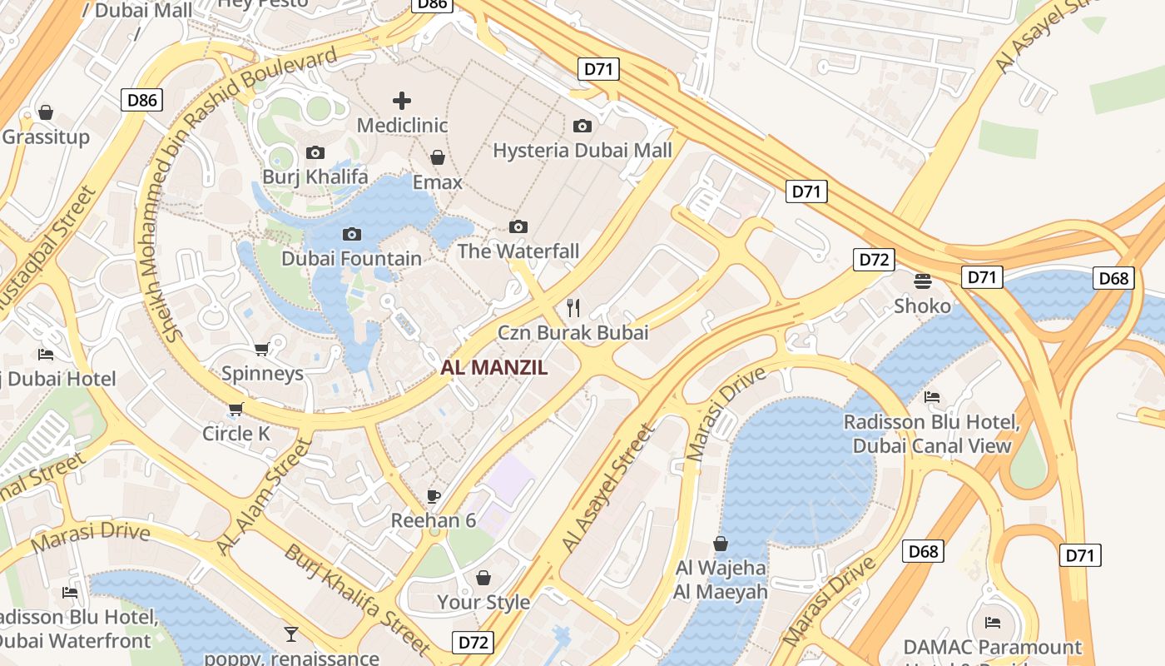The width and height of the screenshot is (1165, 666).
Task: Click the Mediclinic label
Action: (x=402, y=126)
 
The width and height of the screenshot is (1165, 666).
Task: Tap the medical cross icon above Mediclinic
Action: (x=402, y=102)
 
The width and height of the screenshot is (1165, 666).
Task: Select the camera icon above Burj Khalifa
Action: (x=315, y=152)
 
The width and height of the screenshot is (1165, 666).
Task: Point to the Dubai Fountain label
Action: (x=351, y=258)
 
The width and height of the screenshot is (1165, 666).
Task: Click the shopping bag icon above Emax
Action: (x=438, y=157)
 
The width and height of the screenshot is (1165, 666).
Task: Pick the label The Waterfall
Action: (x=518, y=251)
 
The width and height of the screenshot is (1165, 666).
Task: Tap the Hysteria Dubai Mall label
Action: (x=582, y=151)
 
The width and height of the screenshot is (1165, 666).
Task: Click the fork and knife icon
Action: (x=573, y=308)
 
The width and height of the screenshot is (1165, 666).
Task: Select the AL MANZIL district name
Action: (x=494, y=367)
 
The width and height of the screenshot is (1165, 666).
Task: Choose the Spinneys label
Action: (x=262, y=373)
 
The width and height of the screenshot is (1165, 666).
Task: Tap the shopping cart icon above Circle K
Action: (x=236, y=409)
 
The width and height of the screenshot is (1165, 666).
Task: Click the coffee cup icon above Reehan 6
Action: (x=434, y=496)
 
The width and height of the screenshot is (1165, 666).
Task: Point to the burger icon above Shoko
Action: (x=922, y=281)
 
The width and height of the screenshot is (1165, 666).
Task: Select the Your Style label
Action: (x=483, y=602)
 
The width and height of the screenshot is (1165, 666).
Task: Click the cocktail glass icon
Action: (x=290, y=634)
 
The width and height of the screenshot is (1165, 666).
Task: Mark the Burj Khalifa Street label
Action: (x=358, y=599)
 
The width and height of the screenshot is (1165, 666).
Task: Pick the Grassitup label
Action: (x=46, y=137)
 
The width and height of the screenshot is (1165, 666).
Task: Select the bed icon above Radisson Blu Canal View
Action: (x=932, y=397)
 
